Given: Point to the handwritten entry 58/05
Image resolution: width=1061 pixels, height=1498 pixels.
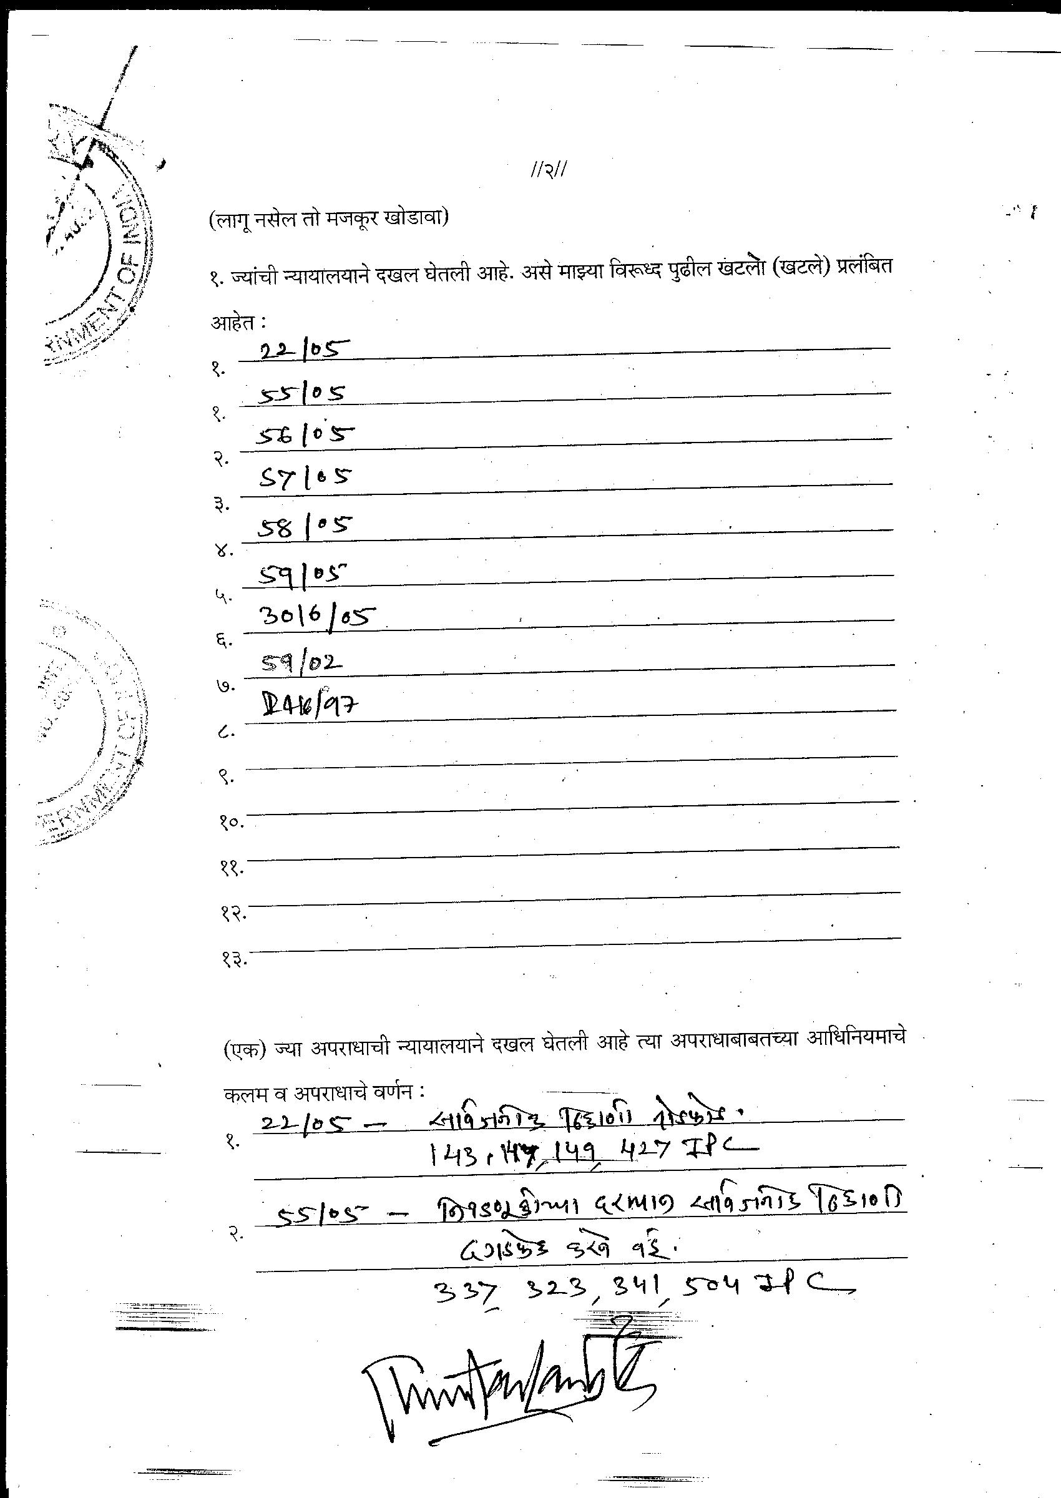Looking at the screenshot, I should (305, 526).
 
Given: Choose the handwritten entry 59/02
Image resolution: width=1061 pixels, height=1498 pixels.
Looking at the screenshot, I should (302, 663).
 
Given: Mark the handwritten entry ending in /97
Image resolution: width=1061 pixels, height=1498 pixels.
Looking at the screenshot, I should (310, 706).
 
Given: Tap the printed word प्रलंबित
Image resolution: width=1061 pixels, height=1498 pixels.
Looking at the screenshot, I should (864, 268).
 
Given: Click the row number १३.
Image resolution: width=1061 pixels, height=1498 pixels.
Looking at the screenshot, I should (233, 960).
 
